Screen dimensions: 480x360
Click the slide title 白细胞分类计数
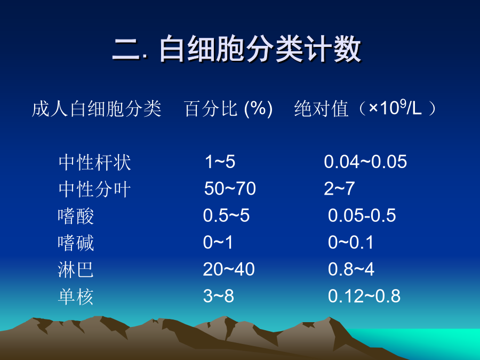click(x=260, y=49)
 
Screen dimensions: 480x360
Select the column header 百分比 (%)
click(x=228, y=109)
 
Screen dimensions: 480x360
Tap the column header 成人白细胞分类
click(x=97, y=109)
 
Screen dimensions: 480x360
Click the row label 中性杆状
click(x=94, y=162)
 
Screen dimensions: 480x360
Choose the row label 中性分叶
click(x=94, y=189)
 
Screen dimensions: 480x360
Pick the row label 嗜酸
click(x=76, y=216)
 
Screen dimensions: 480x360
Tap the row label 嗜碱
click(x=76, y=243)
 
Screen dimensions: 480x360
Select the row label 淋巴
click(x=76, y=270)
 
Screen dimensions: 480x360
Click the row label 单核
click(x=76, y=297)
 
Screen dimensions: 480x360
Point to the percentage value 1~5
click(x=220, y=162)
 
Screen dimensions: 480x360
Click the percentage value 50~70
click(x=230, y=189)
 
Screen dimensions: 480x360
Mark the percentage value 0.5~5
click(x=226, y=215)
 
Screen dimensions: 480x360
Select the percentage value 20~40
click(x=229, y=269)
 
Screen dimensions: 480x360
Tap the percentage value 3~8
click(x=219, y=297)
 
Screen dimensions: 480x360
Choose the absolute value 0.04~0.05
click(x=365, y=162)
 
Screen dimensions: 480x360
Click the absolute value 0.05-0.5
click(x=362, y=215)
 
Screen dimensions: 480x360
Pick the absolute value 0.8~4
click(x=351, y=269)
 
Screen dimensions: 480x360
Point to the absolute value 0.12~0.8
click(x=364, y=297)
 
